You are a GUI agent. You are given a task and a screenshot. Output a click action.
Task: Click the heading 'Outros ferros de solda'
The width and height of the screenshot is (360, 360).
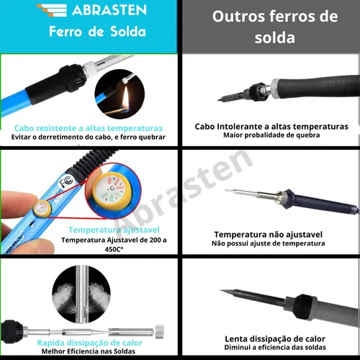pyautogui.click(x=270, y=27)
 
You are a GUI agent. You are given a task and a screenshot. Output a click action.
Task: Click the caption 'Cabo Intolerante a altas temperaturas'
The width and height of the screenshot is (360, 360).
pyautogui.click(x=271, y=126)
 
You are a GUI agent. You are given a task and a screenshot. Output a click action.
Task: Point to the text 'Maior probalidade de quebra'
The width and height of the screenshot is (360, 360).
pyautogui.click(x=271, y=135)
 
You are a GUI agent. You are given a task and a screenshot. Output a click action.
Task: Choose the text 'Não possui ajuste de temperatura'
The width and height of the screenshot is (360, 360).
pyautogui.click(x=269, y=243)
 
